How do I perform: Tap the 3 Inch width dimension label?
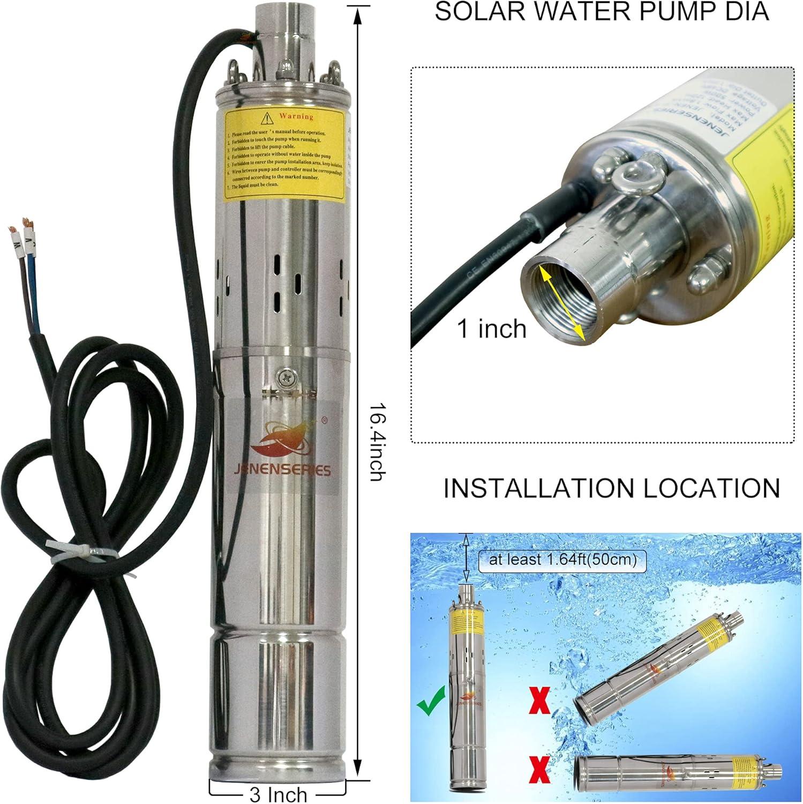click(278, 793)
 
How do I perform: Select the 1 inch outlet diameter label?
click(491, 328)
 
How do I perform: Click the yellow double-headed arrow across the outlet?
click(561, 303)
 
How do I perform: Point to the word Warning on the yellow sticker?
click(296, 116)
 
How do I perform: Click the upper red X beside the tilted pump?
click(540, 700)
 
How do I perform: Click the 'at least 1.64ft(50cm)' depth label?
click(562, 560)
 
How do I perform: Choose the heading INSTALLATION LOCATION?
click(611, 488)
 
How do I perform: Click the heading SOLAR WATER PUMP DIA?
click(602, 12)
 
